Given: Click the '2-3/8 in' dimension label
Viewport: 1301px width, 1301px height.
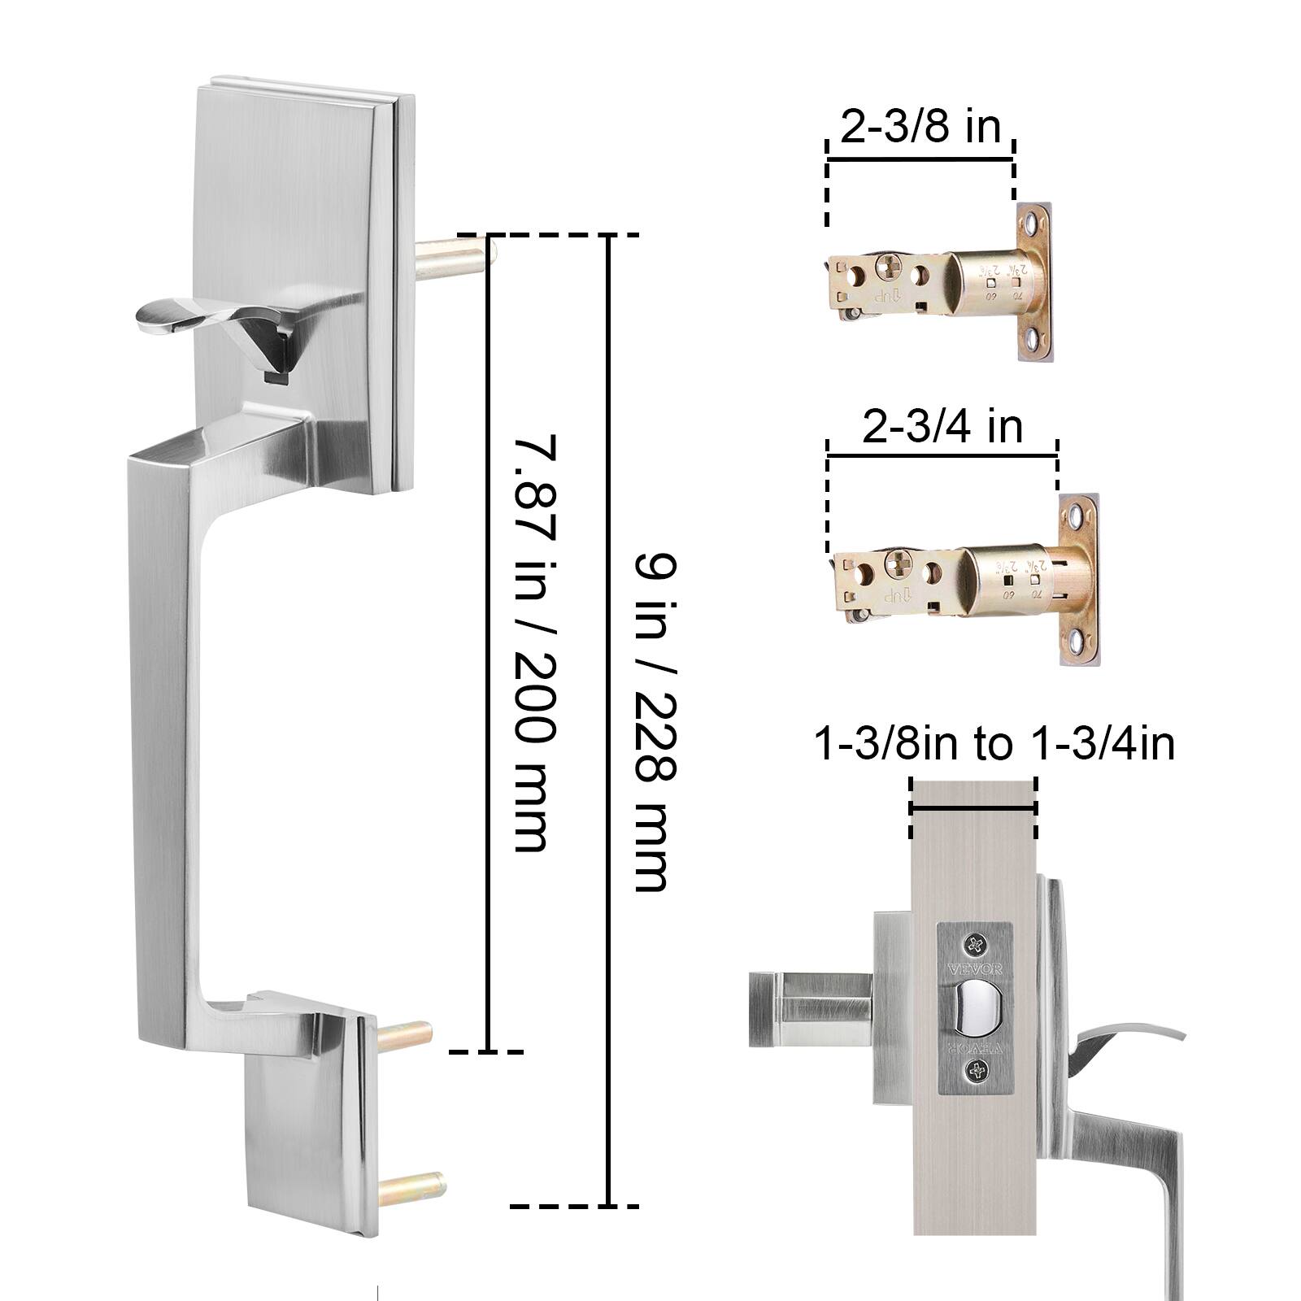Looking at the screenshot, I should click(920, 128).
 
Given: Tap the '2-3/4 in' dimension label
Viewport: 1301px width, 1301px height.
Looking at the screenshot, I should click(942, 426).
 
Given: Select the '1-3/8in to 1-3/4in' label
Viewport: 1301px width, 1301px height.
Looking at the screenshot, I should click(994, 744).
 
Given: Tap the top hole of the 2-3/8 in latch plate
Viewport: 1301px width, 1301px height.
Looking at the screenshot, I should click(1033, 222).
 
